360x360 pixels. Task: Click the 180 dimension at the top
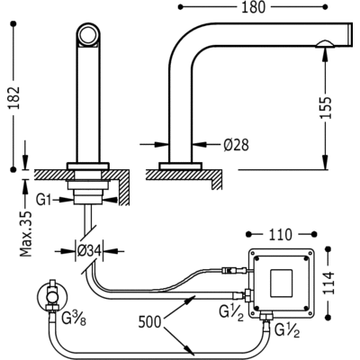254,7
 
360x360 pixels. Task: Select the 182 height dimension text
13,98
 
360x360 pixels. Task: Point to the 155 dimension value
326,108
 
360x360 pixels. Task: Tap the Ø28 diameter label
236,145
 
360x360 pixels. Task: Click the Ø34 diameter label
89,250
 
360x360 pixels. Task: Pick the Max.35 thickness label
26,234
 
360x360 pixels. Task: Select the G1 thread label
43,200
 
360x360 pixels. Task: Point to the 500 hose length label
149,322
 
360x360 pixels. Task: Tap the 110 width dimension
280,235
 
